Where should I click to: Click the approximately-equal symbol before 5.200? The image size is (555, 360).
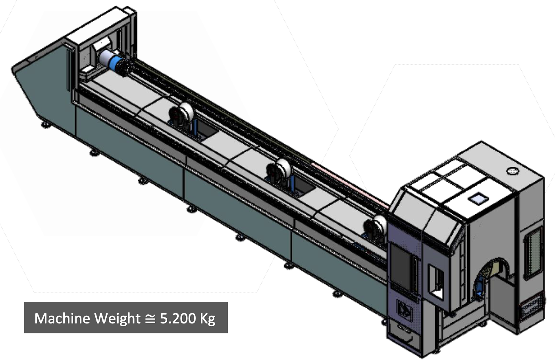[x=150, y=319]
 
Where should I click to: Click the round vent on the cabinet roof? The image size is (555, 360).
[x=513, y=171]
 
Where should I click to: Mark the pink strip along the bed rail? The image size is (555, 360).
[x=349, y=183]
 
